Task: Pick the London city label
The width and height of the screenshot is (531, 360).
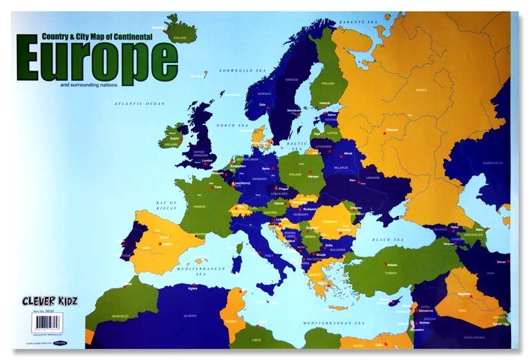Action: pyautogui.click(x=206, y=160)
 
